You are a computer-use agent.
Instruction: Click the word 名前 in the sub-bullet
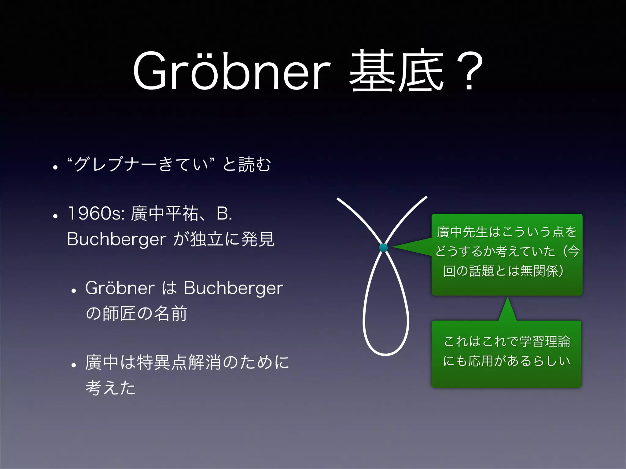click(x=170, y=314)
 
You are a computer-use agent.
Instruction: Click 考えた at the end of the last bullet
click(x=110, y=388)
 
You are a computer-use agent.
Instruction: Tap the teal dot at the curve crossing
click(x=383, y=248)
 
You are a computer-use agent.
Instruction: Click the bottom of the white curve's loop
click(x=385, y=354)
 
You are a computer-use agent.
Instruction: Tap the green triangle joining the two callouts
click(x=507, y=310)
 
